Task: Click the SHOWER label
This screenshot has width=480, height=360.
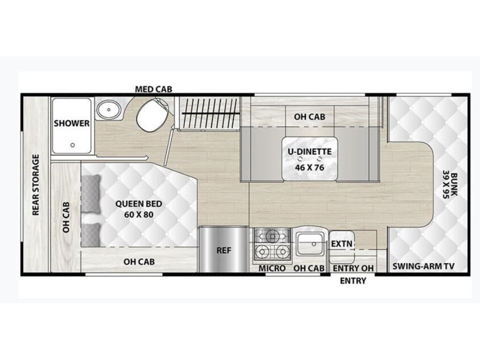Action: [72, 123]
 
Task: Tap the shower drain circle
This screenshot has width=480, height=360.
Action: [73, 145]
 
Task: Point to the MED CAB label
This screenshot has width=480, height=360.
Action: [154, 89]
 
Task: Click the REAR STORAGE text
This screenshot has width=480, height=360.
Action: [36, 185]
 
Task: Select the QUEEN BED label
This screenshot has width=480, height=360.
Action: [139, 204]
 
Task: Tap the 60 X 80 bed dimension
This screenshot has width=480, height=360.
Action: [139, 214]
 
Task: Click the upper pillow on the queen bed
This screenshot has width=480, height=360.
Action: [91, 193]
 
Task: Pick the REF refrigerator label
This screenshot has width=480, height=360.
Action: [224, 250]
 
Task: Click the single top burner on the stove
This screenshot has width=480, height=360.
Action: [271, 236]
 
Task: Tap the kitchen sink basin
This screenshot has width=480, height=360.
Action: [309, 244]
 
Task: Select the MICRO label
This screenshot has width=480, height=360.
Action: [272, 268]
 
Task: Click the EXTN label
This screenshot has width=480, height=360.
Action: [342, 244]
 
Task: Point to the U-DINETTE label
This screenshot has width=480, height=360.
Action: [309, 151]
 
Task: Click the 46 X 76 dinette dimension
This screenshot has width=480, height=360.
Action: [309, 167]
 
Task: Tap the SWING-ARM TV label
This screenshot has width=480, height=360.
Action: [423, 266]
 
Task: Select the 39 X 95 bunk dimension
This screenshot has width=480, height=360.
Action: [445, 186]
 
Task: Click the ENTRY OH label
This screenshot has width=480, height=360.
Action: [353, 268]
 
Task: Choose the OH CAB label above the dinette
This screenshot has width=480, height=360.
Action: [309, 117]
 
